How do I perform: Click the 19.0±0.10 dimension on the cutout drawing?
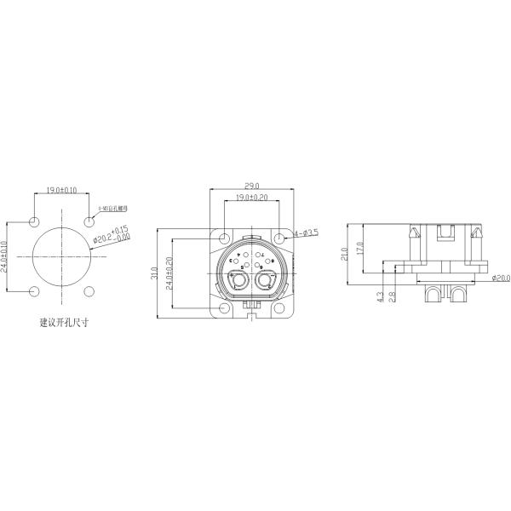61,190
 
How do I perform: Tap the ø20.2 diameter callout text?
112,235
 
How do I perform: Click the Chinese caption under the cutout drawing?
64,323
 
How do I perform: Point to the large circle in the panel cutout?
61,256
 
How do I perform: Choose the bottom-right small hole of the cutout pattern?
89,292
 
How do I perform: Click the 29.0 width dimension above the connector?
252,185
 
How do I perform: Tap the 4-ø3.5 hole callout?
306,233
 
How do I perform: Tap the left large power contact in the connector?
238,280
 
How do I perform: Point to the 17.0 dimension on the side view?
360,247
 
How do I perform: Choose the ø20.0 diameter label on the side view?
501,278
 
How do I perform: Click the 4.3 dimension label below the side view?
379,297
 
